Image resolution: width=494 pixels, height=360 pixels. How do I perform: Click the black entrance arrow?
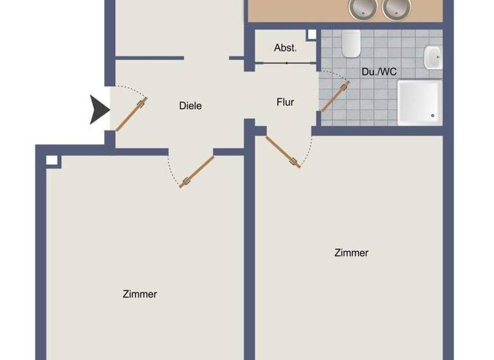tap(100, 109)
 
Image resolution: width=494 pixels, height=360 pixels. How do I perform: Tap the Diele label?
tap(190, 105)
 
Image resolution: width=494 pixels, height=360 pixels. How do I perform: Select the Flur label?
tap(285, 102)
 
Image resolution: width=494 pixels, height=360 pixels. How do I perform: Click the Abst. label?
tap(285, 48)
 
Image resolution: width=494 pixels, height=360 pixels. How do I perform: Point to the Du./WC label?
tap(379, 72)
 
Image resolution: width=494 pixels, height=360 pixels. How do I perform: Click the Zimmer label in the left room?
tap(140, 294)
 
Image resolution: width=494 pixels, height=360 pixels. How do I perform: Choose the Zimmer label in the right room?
tap(351, 253)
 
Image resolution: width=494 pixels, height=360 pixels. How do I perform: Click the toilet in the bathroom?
tap(351, 44)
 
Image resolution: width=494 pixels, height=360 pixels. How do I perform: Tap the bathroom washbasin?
tap(432, 57)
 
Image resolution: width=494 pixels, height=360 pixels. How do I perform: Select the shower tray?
tap(419, 102)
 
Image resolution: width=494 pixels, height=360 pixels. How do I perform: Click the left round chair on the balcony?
tap(362, 8)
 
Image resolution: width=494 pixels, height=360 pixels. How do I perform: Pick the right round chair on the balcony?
tap(396, 8)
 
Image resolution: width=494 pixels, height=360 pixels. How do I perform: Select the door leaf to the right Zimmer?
tap(283, 152)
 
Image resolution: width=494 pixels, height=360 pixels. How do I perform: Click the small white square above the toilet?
tap(311, 35)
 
